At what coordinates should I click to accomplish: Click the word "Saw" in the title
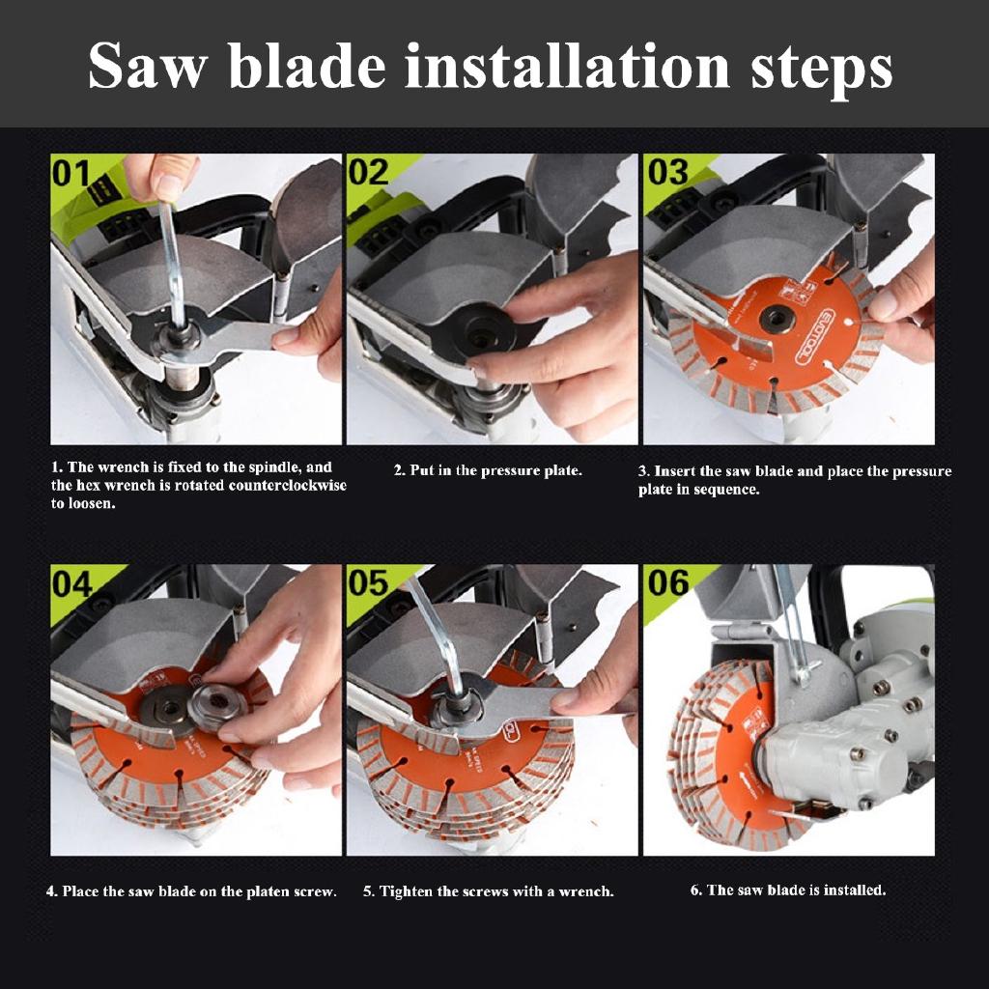click(148, 66)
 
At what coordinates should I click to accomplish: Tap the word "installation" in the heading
click(567, 66)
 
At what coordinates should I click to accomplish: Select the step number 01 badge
click(71, 174)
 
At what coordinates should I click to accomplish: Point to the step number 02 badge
click(368, 172)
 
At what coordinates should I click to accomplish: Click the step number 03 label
click(668, 172)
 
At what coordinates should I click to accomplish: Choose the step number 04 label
click(71, 584)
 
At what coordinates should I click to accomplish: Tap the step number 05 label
click(368, 582)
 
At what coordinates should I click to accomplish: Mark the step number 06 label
click(668, 582)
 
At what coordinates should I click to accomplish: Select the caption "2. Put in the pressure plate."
click(488, 470)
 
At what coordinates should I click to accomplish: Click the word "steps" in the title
click(822, 69)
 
